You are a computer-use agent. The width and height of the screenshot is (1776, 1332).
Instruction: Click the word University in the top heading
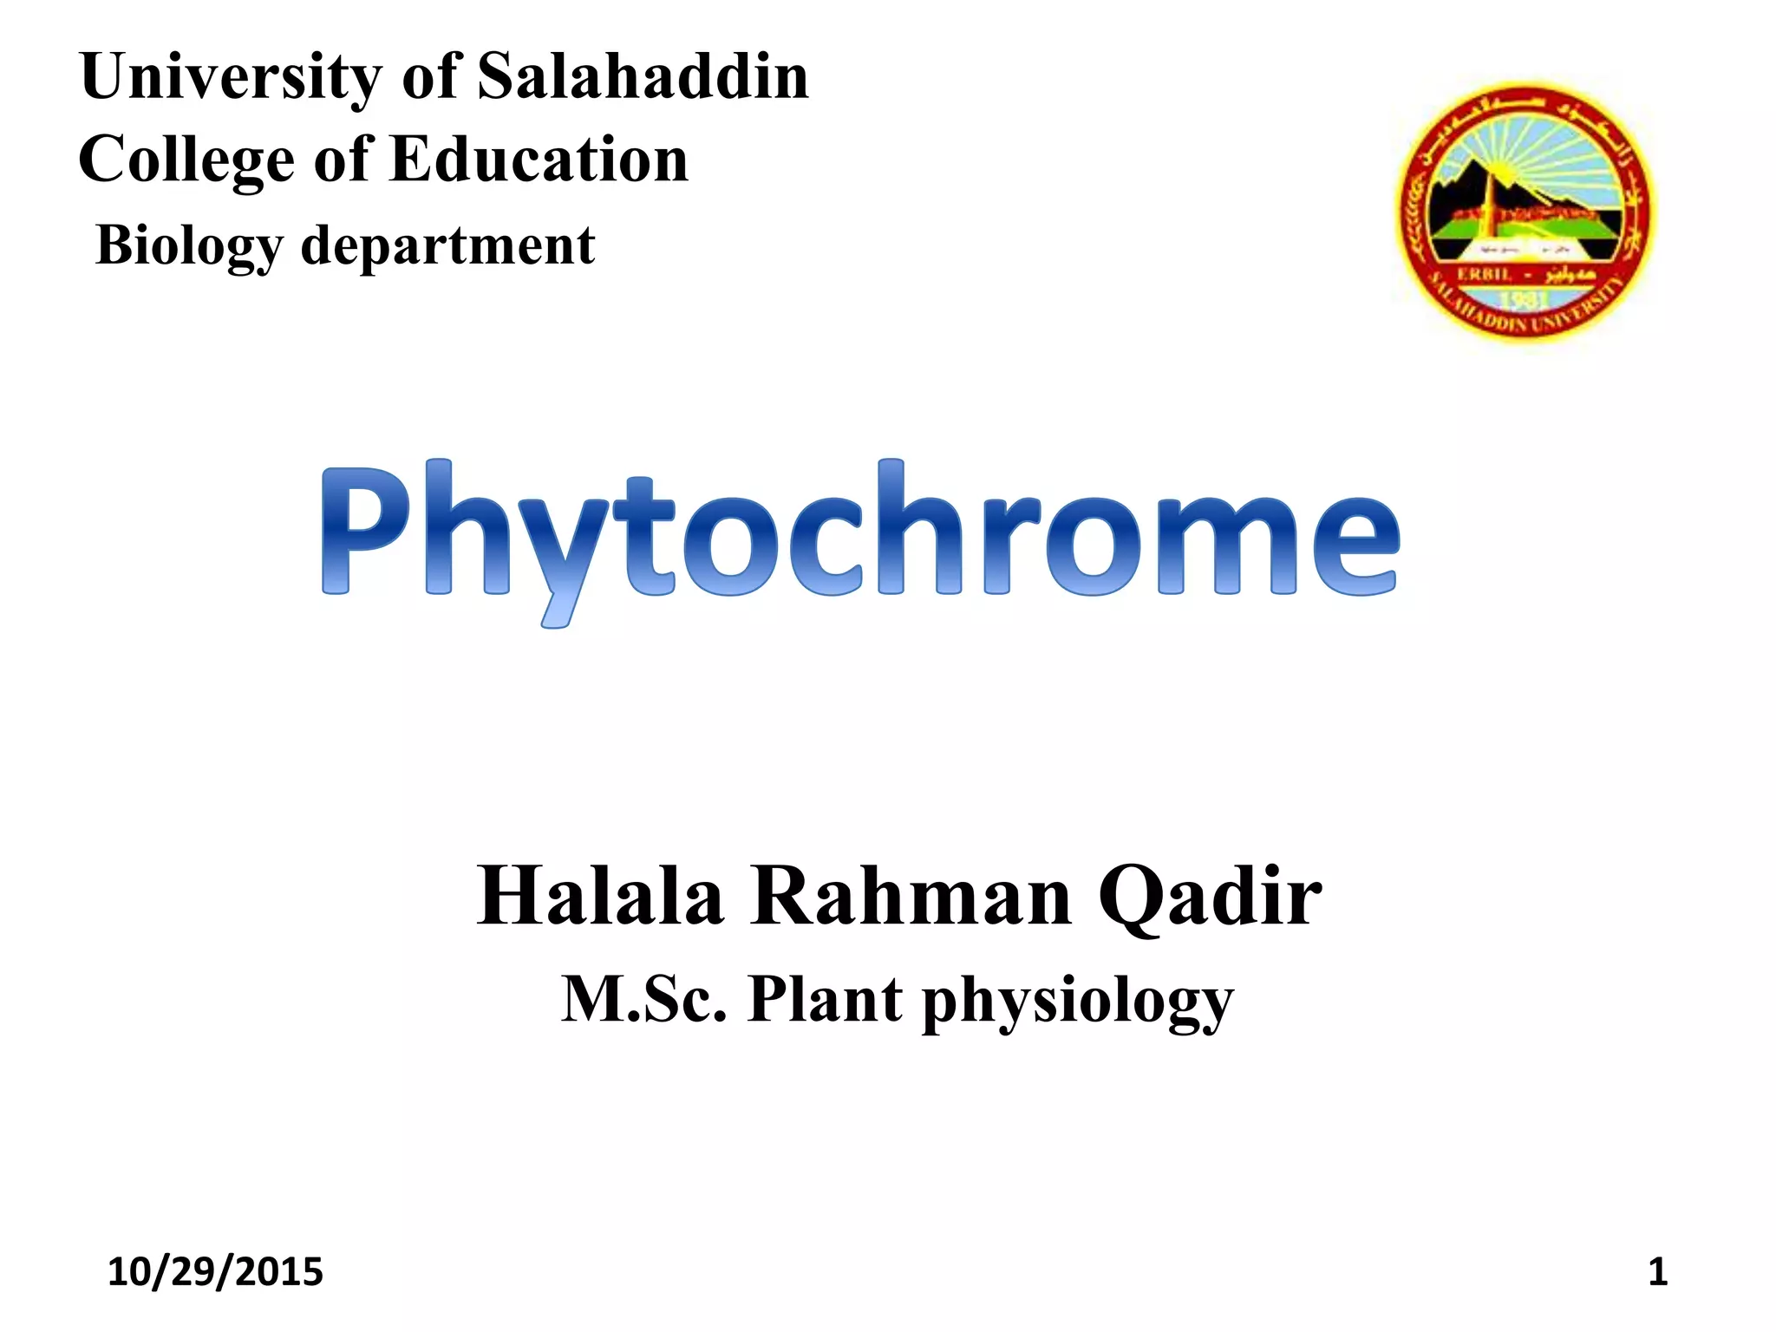[x=230, y=78]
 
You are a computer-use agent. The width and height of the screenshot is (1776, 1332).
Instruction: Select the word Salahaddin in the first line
[x=643, y=76]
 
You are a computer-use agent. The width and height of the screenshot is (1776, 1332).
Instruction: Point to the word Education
[x=539, y=160]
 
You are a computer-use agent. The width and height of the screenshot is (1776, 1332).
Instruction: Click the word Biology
[x=189, y=245]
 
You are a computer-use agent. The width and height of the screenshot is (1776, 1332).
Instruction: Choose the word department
[x=447, y=246]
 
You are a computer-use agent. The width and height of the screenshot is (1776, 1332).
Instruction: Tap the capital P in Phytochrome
[x=364, y=531]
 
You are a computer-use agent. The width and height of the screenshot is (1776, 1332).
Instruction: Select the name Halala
[x=600, y=897]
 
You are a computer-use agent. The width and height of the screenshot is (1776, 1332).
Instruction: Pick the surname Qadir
[x=1210, y=898]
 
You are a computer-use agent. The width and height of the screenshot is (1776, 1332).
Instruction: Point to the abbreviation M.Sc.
[x=643, y=999]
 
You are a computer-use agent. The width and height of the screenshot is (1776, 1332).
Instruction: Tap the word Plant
[x=825, y=999]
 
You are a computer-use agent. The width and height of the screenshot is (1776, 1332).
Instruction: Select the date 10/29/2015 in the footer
[x=215, y=1272]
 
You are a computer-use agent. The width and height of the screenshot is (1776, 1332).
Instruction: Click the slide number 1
[x=1657, y=1272]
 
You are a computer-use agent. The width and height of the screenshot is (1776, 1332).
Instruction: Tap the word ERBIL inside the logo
[x=1485, y=274]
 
